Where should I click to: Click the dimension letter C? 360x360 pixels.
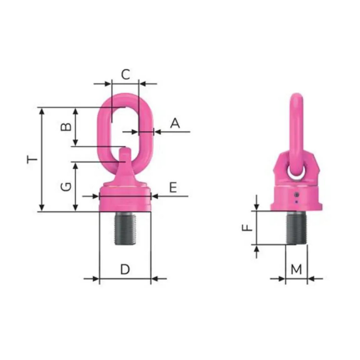tap(126, 74)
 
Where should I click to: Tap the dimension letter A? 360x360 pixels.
tap(175, 123)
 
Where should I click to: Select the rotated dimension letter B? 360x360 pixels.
tap(66, 127)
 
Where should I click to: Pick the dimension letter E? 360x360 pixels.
tap(173, 187)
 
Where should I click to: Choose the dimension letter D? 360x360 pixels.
tap(125, 269)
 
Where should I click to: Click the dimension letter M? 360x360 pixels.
tap(296, 269)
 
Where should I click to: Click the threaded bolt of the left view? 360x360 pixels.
tap(125, 229)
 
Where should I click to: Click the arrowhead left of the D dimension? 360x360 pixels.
tap(96, 279)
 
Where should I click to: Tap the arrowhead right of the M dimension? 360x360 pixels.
tap(310, 279)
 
